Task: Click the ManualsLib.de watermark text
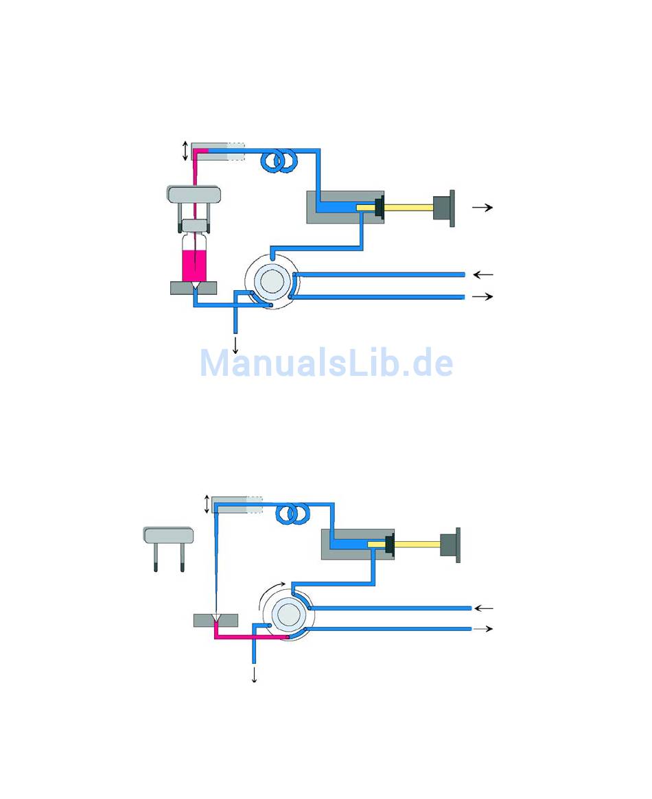coord(326,363)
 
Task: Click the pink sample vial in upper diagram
coord(195,264)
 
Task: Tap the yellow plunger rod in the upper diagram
coord(408,207)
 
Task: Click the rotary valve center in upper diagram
coord(270,282)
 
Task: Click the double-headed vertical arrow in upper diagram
coord(185,151)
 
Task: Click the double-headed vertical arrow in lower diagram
coord(207,503)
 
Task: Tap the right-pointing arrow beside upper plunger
coord(482,207)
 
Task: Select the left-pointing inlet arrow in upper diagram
coord(483,274)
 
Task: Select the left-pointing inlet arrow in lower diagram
coord(484,608)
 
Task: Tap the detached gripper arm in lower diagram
coord(168,546)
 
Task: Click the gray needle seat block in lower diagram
coord(215,621)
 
